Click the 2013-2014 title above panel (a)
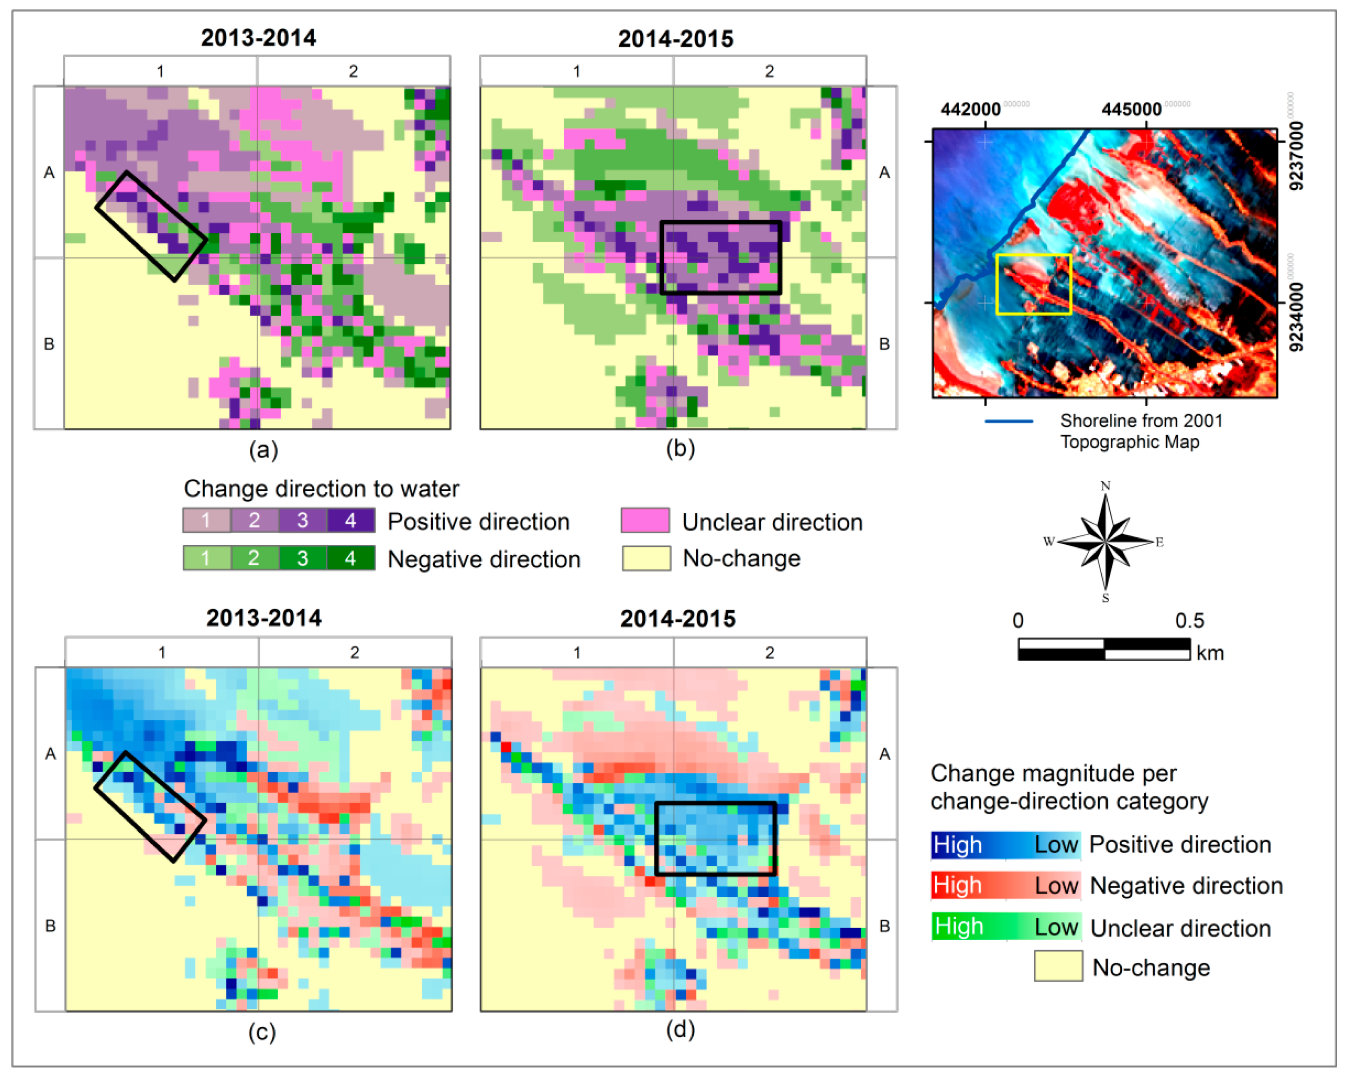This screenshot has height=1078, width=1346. click(x=258, y=38)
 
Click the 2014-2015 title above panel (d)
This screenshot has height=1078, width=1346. click(x=678, y=618)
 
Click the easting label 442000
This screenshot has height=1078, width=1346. click(x=970, y=109)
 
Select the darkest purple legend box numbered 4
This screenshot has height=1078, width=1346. click(x=351, y=520)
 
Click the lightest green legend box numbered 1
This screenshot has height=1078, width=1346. click(x=206, y=558)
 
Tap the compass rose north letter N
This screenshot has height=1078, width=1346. click(x=1105, y=486)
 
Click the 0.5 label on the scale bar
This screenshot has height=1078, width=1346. click(x=1189, y=621)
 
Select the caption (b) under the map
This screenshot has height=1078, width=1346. click(x=680, y=448)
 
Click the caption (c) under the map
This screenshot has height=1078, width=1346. click(x=262, y=1032)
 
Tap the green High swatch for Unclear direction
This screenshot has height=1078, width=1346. click(x=958, y=926)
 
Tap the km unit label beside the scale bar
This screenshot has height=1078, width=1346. click(x=1209, y=653)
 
